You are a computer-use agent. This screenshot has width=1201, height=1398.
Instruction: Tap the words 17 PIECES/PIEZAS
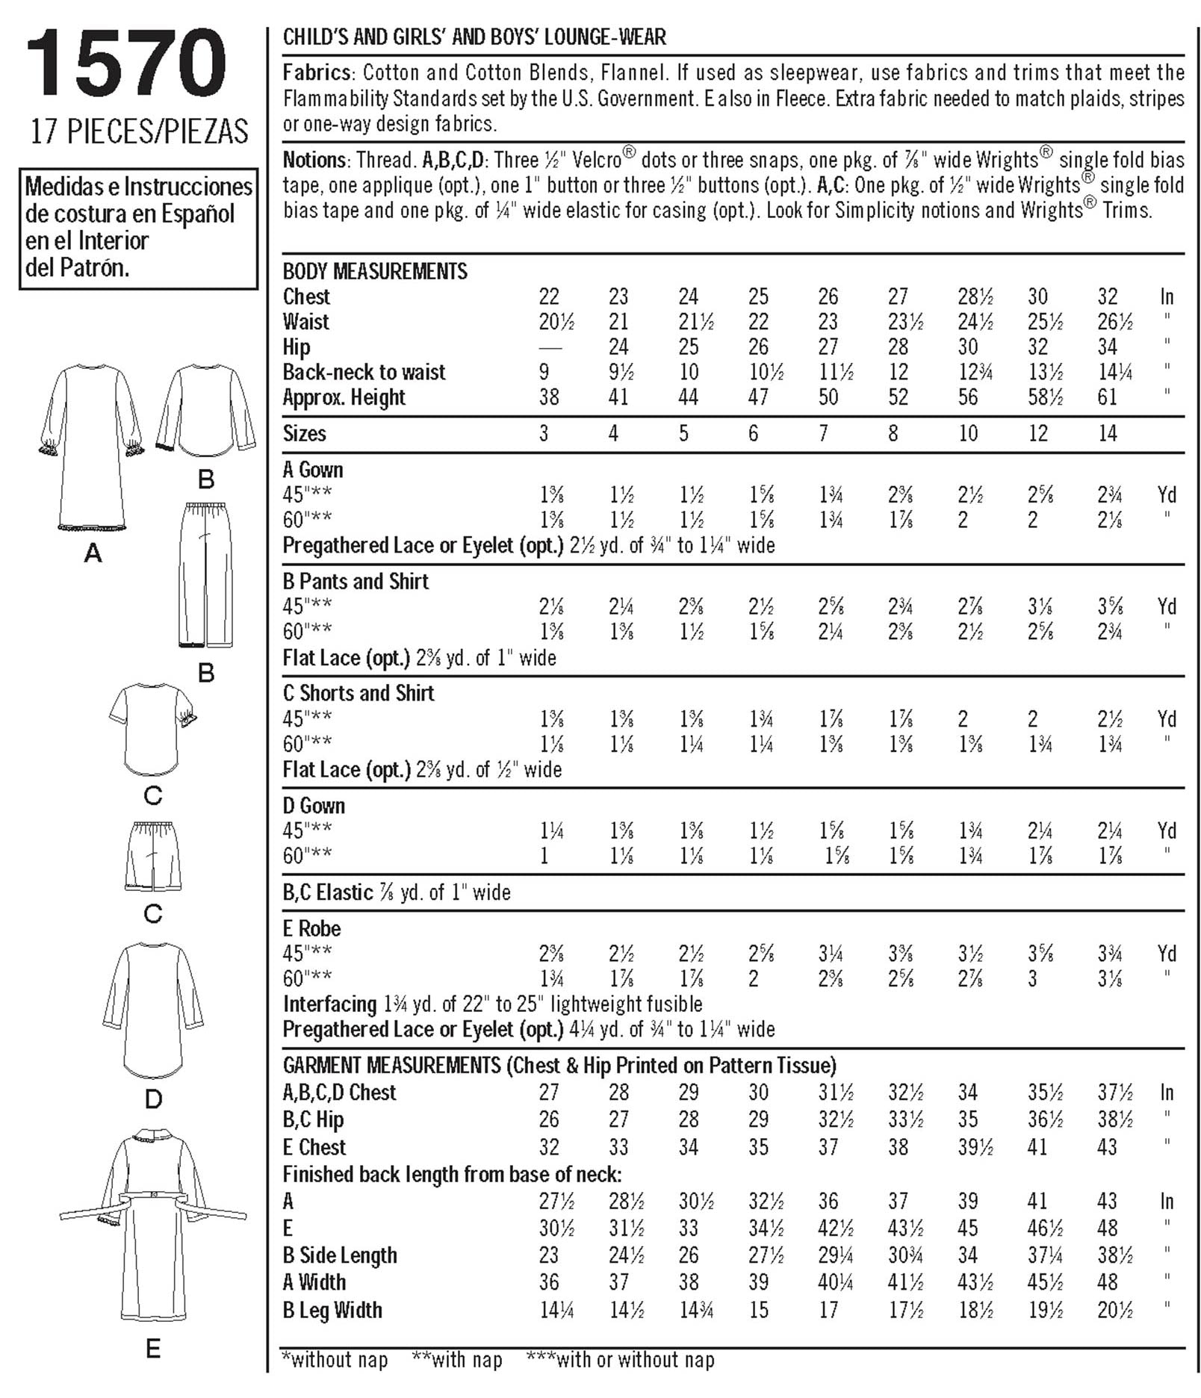pyautogui.click(x=139, y=131)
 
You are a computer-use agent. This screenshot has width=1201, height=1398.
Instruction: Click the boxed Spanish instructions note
pyautogui.click(x=138, y=227)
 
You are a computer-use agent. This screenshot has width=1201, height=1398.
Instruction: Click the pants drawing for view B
pyautogui.click(x=205, y=575)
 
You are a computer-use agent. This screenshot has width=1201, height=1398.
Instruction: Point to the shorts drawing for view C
pyautogui.click(x=153, y=857)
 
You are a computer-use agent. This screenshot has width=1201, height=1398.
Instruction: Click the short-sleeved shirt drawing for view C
pyautogui.click(x=152, y=729)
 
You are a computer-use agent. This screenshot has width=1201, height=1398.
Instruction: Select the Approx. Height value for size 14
pyautogui.click(x=1107, y=397)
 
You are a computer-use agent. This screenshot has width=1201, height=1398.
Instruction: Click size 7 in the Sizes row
pyautogui.click(x=823, y=433)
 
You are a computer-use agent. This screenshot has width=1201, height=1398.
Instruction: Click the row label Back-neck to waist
pyautogui.click(x=364, y=372)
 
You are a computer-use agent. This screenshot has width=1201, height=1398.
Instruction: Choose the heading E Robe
pyautogui.click(x=311, y=928)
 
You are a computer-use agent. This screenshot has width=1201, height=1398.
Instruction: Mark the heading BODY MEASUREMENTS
pyautogui.click(x=375, y=271)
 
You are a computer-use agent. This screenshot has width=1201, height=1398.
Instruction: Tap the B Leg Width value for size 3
pyautogui.click(x=556, y=1310)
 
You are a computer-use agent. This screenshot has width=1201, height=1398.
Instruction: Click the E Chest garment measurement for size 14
pyautogui.click(x=1107, y=1146)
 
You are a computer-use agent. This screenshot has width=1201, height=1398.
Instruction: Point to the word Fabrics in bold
pyautogui.click(x=317, y=72)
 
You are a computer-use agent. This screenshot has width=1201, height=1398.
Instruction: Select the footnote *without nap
pyautogui.click(x=335, y=1360)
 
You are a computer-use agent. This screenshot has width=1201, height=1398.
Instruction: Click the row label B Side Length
pyautogui.click(x=340, y=1255)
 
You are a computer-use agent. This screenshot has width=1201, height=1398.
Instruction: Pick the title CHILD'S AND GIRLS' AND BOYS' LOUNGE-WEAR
pyautogui.click(x=474, y=37)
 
